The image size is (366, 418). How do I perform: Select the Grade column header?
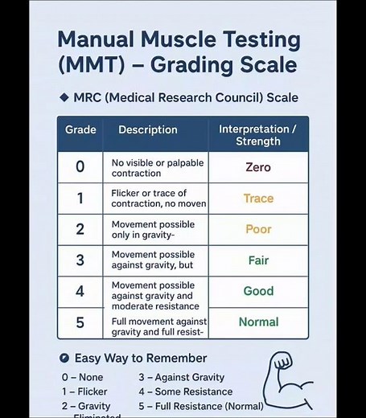[80, 129]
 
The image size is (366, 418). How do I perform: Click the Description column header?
[148, 129]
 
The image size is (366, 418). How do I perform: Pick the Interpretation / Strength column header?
[257, 135]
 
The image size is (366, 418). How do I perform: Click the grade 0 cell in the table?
[80, 167]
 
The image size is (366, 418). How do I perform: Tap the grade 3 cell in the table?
[80, 260]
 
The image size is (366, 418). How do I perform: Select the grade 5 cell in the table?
[80, 322]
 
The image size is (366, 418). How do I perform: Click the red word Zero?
[258, 167]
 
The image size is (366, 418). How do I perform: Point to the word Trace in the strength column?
[258, 198]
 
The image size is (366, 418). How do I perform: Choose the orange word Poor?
[258, 229]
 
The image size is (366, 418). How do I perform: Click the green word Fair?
[258, 260]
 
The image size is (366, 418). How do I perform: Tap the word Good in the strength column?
[258, 291]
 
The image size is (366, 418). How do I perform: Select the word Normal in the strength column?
[258, 322]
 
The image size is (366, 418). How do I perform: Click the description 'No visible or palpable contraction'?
[158, 167]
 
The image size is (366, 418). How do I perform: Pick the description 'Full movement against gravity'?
[158, 326]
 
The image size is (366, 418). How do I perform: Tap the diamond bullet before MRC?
[64, 97]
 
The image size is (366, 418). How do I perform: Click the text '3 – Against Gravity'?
[181, 377]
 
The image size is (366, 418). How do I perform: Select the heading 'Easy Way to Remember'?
[140, 358]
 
